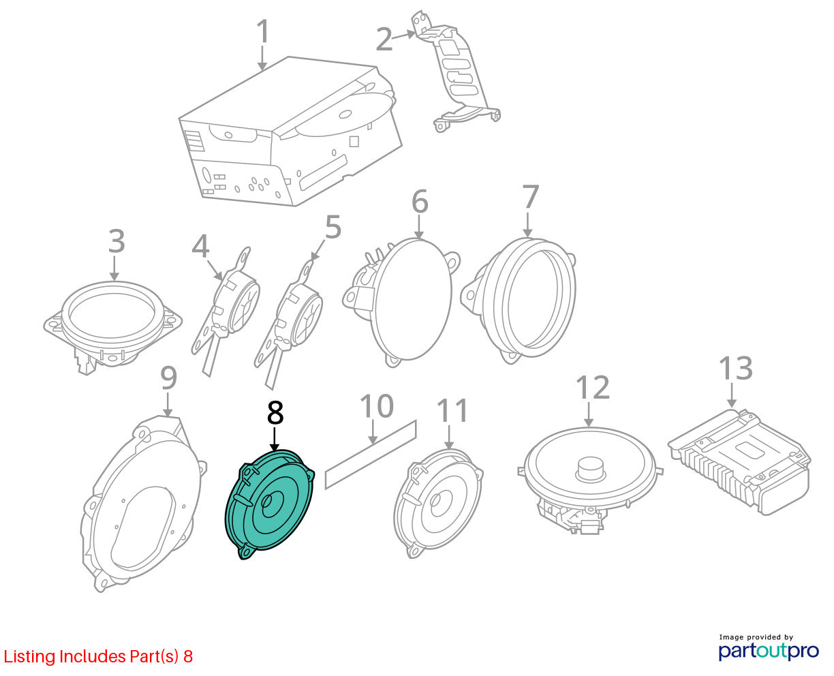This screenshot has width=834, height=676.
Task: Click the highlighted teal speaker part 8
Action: pos(271,504)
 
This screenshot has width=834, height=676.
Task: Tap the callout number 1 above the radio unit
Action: pos(263,31)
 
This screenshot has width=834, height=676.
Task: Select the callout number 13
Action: pos(736,369)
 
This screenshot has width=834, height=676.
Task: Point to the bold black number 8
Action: pos(275,412)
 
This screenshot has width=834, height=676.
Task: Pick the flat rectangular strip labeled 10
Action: pos(371,455)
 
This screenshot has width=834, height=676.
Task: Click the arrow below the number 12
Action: pos(589,414)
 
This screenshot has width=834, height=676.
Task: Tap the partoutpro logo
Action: pos(768,648)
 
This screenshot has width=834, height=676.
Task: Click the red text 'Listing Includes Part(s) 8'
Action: pos(98,656)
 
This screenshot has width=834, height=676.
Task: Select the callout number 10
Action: pos(377,406)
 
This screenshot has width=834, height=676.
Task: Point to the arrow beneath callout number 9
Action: pos(168,405)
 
